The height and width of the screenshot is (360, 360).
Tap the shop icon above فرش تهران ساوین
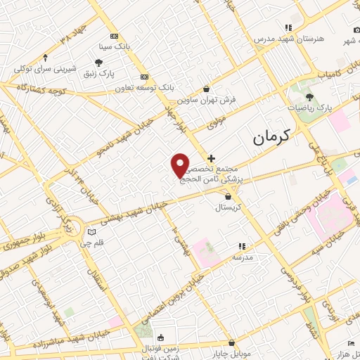click(205, 89)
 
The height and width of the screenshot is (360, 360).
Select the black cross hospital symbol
click(211, 159)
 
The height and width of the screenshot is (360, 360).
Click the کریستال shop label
click(228, 207)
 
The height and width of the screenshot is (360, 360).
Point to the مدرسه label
click(242, 257)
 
